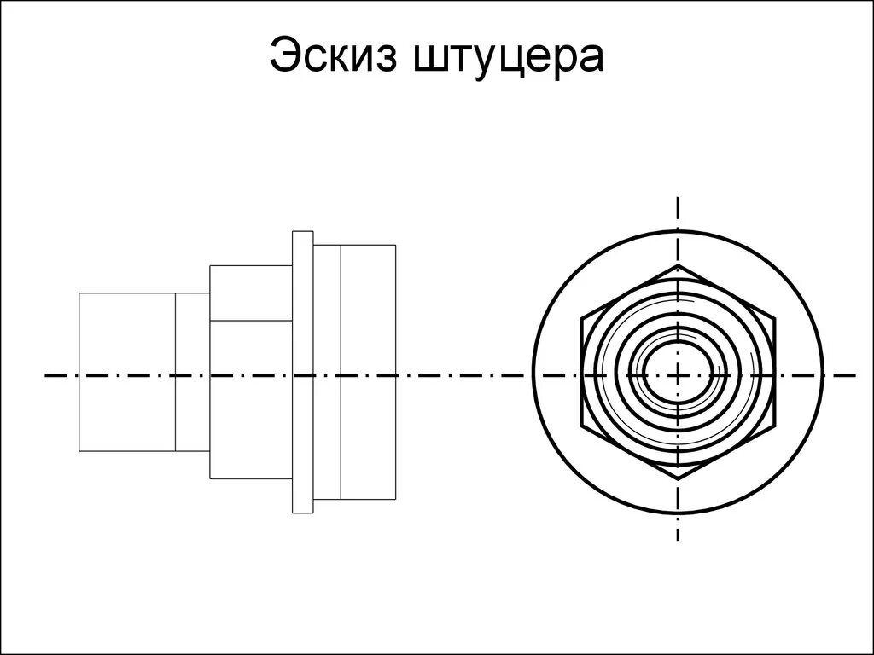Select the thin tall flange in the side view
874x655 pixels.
click(x=303, y=372)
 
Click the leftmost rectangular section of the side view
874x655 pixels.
click(x=127, y=372)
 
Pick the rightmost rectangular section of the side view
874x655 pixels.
click(x=368, y=372)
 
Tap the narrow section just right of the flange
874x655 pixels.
click(x=327, y=372)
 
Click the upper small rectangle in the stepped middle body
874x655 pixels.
click(x=251, y=293)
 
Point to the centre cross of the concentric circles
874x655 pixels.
click(x=679, y=374)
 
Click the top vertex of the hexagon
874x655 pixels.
click(x=679, y=265)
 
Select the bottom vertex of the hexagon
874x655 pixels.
click(x=679, y=480)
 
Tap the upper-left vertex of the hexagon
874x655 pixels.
click(x=582, y=321)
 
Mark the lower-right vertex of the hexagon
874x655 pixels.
click(x=775, y=427)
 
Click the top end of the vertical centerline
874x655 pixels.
click(x=679, y=197)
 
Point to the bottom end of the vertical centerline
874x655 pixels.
click(x=679, y=540)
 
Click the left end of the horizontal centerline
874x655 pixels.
click(x=45, y=374)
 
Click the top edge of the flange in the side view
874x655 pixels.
click(x=303, y=231)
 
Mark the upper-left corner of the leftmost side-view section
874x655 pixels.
click(x=79, y=293)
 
